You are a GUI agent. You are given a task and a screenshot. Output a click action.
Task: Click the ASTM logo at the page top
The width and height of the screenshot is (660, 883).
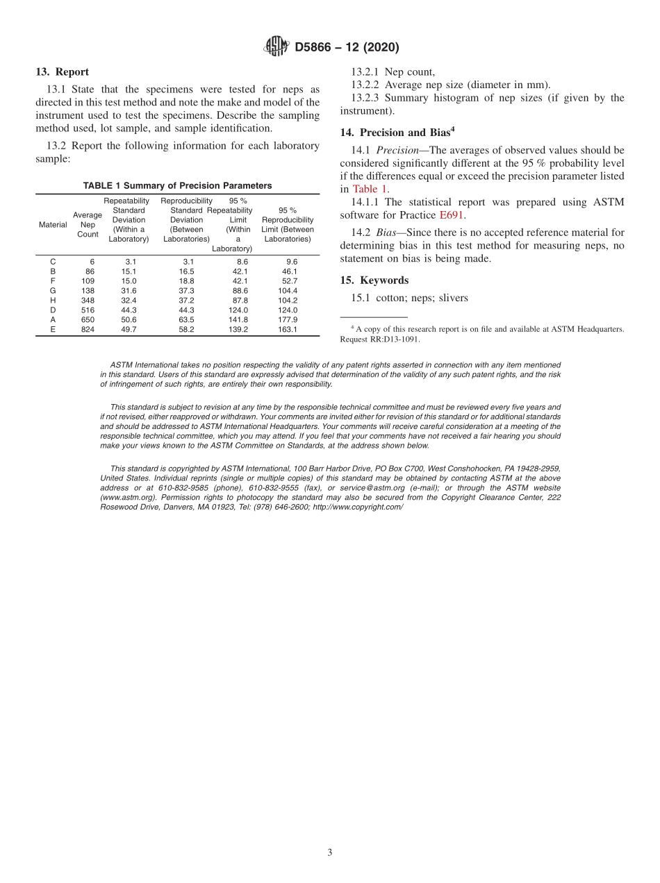[277, 47]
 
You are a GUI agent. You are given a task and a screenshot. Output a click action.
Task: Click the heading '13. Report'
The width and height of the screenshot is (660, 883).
[62, 72]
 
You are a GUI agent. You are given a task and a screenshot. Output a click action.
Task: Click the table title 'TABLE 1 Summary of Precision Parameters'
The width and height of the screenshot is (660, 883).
[177, 185]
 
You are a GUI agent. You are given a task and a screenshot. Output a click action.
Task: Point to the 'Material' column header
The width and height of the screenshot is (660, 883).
[53, 225]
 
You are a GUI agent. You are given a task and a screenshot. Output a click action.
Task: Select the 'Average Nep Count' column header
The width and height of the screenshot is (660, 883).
[88, 225]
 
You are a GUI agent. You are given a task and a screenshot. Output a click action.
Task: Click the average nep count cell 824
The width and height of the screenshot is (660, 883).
[88, 330]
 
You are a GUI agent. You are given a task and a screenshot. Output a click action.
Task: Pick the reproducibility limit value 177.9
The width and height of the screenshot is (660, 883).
[287, 320]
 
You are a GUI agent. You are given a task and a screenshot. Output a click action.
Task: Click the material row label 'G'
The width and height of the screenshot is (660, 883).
[53, 290]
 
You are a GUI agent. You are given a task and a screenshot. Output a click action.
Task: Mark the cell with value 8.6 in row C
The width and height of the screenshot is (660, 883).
[242, 262]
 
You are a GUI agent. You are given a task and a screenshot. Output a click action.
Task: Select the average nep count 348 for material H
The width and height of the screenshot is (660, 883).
[88, 300]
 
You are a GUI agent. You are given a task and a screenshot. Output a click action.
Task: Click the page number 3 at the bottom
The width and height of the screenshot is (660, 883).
[330, 852]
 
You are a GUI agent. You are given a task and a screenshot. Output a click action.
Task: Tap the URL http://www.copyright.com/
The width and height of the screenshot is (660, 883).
[358, 507]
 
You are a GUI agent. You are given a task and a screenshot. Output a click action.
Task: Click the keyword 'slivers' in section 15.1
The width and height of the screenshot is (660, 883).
[454, 298]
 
